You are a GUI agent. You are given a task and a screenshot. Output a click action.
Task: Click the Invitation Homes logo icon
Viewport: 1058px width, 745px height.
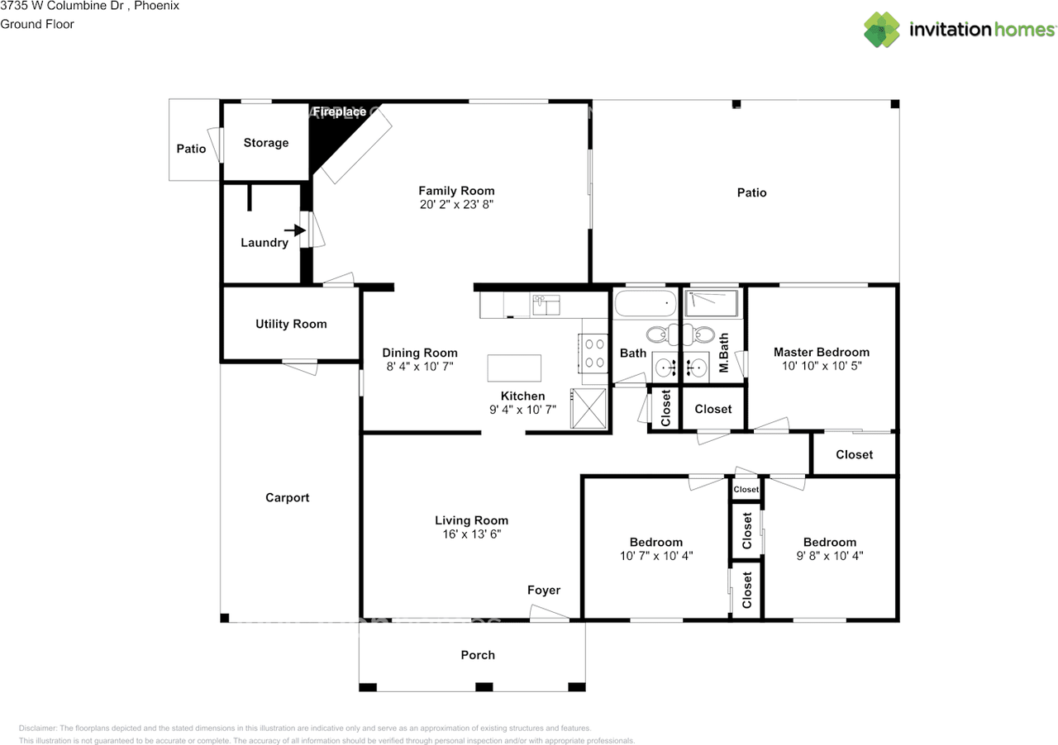[881, 29]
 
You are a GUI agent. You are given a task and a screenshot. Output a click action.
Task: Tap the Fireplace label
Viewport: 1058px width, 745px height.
[340, 112]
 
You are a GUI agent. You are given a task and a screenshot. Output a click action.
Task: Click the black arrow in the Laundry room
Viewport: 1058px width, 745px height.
[295, 230]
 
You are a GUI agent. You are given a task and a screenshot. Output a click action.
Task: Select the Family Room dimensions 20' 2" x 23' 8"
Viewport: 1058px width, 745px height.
[456, 205]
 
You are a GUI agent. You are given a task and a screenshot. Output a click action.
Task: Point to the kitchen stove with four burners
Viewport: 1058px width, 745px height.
[593, 354]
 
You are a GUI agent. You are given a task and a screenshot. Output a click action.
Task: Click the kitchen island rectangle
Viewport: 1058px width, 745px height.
[514, 368]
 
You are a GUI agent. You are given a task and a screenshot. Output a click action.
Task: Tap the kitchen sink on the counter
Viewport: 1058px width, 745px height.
[546, 305]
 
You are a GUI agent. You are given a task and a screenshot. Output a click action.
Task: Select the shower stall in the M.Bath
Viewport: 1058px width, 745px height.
[712, 302]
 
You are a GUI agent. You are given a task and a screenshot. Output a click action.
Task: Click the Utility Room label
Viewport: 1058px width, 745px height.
[291, 324]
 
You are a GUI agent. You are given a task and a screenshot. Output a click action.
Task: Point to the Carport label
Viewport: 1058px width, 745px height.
[287, 497]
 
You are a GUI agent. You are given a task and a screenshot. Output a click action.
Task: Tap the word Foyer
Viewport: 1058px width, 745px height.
[544, 591]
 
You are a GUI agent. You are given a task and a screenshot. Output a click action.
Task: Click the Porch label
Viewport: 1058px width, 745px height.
[478, 655]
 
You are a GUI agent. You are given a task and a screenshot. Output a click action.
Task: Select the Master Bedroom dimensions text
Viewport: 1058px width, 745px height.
[822, 366]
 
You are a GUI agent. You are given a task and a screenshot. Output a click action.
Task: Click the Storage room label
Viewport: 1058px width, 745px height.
[266, 143]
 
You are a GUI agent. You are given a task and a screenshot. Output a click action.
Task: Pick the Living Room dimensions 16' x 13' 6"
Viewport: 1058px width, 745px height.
[471, 534]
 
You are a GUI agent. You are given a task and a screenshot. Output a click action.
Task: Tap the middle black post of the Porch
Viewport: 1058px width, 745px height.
[484, 687]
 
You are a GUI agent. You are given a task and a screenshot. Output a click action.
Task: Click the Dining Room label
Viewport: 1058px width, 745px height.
[420, 353]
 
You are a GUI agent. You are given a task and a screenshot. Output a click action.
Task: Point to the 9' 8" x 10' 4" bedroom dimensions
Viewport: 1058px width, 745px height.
[830, 556]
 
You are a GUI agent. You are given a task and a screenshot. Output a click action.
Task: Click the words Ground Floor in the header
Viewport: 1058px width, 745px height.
[37, 24]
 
